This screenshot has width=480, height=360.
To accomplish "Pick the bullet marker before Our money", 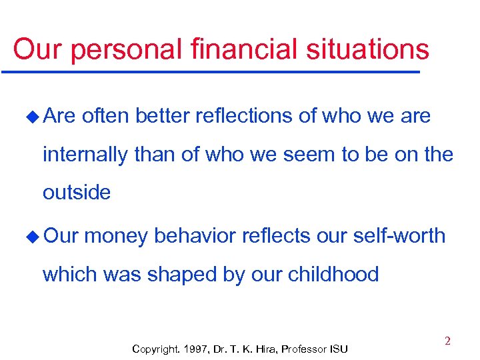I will pyautogui.click(x=32, y=237).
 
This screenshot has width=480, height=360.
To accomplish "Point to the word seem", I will pyautogui.click(x=311, y=155).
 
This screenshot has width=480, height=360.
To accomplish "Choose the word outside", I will pyautogui.click(x=77, y=193).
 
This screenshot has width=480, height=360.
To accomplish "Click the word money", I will pyautogui.click(x=117, y=236).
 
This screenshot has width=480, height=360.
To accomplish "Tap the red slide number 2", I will pyautogui.click(x=447, y=341).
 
